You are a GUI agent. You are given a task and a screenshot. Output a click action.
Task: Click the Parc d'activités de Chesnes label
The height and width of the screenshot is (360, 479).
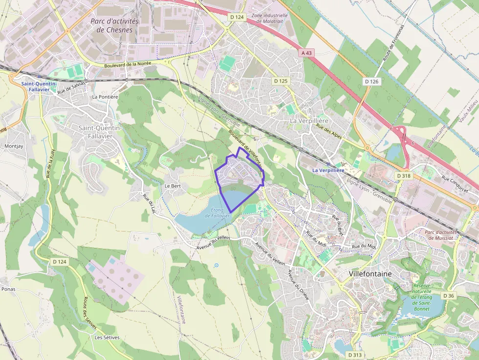[114, 25]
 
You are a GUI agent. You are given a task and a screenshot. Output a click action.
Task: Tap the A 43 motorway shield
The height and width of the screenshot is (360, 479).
[306, 53]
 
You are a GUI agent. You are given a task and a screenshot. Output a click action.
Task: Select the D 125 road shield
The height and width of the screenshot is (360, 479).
[281, 81]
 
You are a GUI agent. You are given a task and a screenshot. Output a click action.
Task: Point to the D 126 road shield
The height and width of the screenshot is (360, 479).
[371, 82]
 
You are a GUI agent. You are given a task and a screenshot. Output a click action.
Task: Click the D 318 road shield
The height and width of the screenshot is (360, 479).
[404, 175]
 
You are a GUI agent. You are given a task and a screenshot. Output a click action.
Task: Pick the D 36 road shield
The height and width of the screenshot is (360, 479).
[448, 296]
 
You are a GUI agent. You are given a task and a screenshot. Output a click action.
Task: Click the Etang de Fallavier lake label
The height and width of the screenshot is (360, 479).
[218, 213]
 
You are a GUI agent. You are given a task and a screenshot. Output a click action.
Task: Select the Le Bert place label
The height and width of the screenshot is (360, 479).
[173, 186]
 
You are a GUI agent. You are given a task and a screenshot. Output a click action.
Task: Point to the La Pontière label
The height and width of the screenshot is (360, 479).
[105, 97]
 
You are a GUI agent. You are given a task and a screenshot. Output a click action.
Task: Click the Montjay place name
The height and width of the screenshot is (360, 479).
[14, 146]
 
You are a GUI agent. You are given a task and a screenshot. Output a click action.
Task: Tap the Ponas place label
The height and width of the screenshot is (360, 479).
[8, 289]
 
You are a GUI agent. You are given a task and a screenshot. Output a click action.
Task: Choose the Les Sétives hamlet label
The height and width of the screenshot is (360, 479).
[107, 338]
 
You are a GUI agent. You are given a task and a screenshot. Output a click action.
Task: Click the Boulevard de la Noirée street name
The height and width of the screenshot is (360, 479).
[128, 64]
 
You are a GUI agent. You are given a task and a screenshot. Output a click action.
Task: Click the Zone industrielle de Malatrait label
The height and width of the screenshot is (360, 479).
[269, 18]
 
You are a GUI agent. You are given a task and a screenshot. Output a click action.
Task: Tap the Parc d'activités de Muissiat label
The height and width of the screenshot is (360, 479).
[440, 235]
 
